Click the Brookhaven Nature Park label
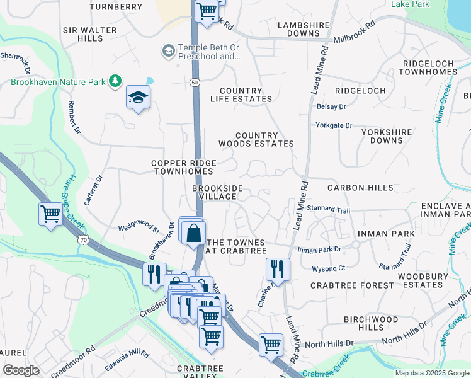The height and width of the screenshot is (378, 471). pyautogui.click(x=58, y=81)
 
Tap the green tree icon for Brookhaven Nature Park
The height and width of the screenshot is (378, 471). pyautogui.click(x=115, y=81)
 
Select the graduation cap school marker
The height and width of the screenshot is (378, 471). pyautogui.click(x=138, y=98)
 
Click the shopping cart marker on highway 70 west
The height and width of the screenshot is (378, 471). pyautogui.click(x=50, y=214)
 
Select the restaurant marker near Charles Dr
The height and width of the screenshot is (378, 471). pyautogui.click(x=278, y=269)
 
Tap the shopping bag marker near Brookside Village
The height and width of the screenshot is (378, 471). pyautogui.click(x=194, y=232)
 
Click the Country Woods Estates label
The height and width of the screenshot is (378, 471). pyautogui.click(x=256, y=139)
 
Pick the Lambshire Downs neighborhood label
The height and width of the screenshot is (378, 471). pyautogui.click(x=304, y=29)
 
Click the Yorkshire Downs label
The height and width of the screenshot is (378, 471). pyautogui.click(x=386, y=136)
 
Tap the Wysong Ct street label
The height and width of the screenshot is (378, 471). pyautogui.click(x=329, y=268)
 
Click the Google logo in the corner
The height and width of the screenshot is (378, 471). pyautogui.click(x=21, y=370)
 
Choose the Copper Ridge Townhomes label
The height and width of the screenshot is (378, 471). pyautogui.click(x=184, y=167)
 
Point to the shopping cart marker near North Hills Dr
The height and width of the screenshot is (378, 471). pyautogui.click(x=271, y=345)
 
